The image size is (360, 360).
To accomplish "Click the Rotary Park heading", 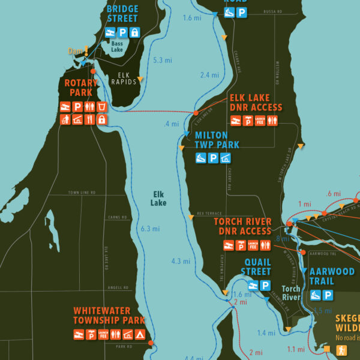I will click(78, 87).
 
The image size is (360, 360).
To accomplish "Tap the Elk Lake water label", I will click(158, 199).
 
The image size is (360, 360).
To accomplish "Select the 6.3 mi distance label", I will click(150, 229).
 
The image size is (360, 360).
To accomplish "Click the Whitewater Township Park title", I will click(110, 316).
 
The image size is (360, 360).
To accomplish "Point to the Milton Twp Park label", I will click(217, 140).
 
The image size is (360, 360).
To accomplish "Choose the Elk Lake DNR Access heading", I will click(256, 103).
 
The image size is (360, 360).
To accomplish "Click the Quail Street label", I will click(257, 267).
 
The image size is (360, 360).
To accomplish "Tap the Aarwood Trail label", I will click(332, 276).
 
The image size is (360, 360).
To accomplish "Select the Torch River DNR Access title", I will click(243, 226).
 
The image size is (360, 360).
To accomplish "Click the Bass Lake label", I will click(117, 46).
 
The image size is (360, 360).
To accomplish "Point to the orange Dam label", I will click(74, 51).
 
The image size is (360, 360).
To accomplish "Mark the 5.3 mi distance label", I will click(163, 61).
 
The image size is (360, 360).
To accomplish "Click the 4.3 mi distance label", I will click(181, 262).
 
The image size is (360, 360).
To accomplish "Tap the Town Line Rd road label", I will click(82, 193).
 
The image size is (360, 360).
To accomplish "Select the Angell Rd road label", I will click(118, 288).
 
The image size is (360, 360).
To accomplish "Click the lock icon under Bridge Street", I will click(135, 32).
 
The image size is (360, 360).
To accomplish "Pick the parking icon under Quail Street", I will click(265, 286).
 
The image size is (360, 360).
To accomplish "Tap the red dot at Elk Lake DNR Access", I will click(196, 113).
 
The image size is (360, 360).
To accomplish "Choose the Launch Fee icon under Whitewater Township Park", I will click(103, 334).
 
